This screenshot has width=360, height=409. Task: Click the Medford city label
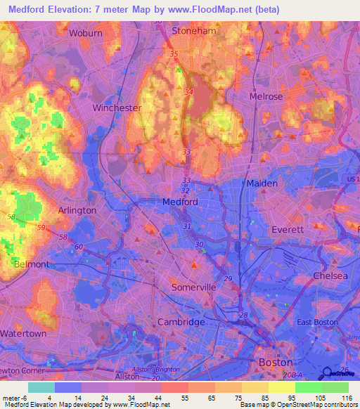[x=180, y=202]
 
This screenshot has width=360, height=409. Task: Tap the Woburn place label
[x=86, y=33]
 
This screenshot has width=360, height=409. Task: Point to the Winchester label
[x=117, y=108]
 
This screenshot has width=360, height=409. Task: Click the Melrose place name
[x=266, y=96]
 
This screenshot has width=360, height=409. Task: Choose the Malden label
[x=262, y=183]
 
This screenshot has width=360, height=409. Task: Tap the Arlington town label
[x=77, y=210]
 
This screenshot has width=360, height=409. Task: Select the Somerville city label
[x=194, y=287]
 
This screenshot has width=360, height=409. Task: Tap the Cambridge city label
[x=181, y=322]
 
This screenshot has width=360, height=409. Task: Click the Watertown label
[x=23, y=332]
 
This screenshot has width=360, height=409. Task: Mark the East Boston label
[x=314, y=322]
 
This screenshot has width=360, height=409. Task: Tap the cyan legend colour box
[x=41, y=387]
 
